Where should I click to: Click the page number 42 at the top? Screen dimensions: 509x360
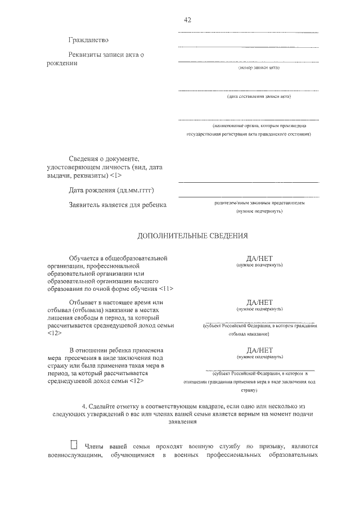coord(188,20)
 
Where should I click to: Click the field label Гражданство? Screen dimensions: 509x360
coord(88,40)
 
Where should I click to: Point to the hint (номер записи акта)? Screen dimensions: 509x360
coord(259,67)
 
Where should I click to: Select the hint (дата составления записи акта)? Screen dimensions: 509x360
coord(259,96)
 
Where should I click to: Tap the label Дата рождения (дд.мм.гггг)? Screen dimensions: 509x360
coord(111,191)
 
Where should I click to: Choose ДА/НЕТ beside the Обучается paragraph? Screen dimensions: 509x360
coord(259,258)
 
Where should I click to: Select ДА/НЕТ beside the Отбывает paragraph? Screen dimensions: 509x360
coord(259,302)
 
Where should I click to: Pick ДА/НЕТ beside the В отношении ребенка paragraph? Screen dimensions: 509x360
coord(259,350)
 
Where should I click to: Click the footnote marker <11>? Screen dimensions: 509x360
coord(166,289)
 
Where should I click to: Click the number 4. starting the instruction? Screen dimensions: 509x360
coord(85,405)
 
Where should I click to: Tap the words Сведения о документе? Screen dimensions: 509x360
coord(103,160)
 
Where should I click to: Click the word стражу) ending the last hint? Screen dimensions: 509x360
coord(259,389)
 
